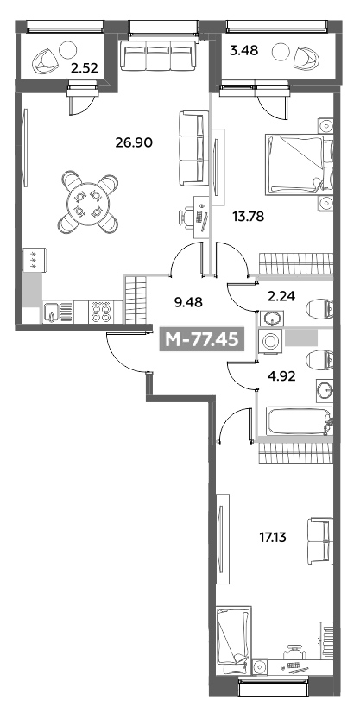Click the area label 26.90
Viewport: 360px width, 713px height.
pos(134,143)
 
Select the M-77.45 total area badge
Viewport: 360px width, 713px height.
pos(202,339)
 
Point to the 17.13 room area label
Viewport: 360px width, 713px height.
pos(274,538)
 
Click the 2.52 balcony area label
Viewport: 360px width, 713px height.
pos(85,69)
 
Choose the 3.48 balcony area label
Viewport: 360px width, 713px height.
pos(243,50)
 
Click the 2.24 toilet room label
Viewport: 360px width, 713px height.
pos(281,297)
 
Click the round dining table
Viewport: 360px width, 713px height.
pos(88,203)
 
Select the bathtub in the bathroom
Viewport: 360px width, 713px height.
pos(299,421)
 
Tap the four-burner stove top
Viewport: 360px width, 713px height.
pos(99,312)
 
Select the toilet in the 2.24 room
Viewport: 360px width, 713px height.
pos(320,309)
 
